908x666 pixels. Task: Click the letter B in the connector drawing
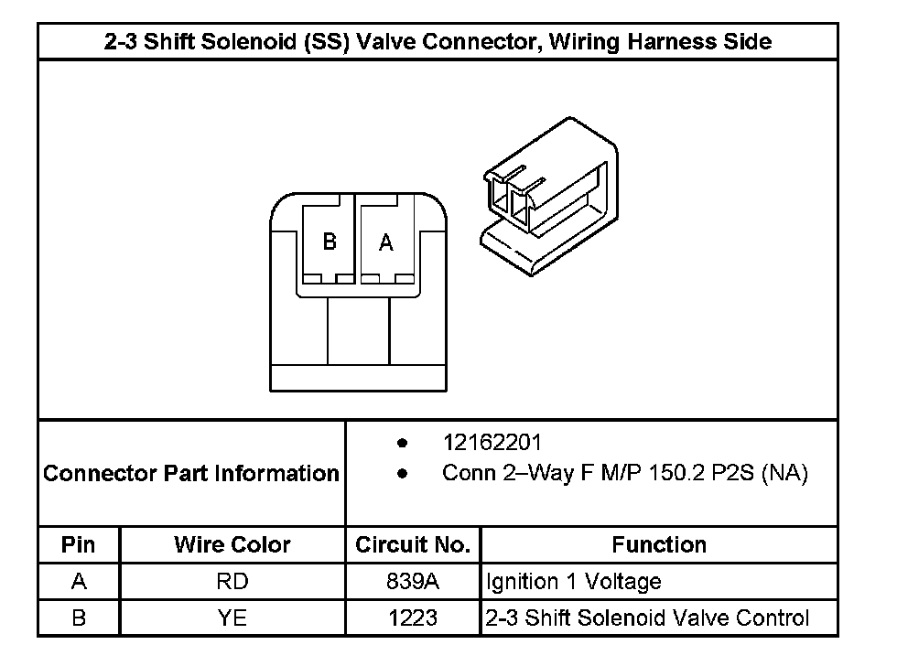[330, 242]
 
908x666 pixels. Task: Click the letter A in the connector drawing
[386, 243]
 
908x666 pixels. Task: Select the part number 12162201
[492, 443]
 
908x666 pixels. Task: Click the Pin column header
[78, 545]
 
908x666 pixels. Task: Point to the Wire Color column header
[232, 545]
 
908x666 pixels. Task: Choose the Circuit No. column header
[413, 545]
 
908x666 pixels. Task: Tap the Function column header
[659, 545]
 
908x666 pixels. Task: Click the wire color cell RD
[232, 582]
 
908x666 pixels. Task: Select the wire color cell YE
[232, 618]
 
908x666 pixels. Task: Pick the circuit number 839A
[413, 582]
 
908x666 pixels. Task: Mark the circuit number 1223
[413, 618]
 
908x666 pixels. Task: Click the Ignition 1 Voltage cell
[573, 582]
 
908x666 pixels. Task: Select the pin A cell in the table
[78, 582]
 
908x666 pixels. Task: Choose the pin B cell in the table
[78, 618]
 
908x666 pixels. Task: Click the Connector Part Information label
[191, 474]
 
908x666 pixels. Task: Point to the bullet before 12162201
[403, 443]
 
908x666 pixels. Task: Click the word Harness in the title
[675, 41]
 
